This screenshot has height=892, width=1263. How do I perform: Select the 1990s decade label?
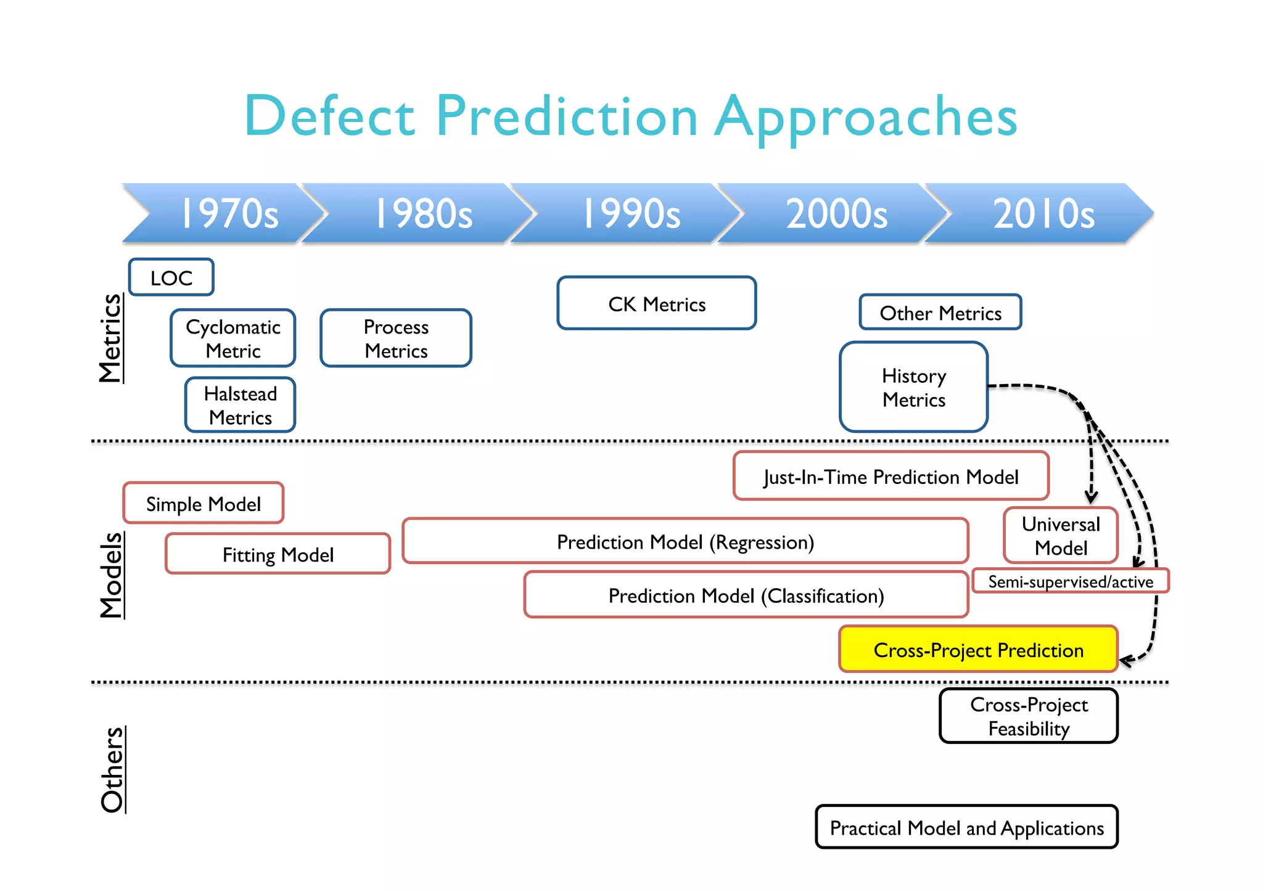tap(631, 213)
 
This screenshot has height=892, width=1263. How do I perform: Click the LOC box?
tap(171, 277)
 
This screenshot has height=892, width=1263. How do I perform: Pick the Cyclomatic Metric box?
tap(233, 338)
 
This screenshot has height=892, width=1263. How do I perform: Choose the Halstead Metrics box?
tap(241, 405)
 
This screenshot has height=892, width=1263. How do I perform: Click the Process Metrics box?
tap(396, 338)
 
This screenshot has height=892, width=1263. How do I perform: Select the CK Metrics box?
tap(657, 303)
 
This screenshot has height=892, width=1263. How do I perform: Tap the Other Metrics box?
tap(940, 313)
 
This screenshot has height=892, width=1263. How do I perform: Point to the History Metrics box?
tap(914, 387)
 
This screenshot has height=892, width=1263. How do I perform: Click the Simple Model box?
tap(204, 504)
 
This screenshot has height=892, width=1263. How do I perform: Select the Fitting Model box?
tap(278, 554)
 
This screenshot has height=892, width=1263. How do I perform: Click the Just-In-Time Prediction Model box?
tap(891, 477)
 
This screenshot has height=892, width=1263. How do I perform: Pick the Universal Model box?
tap(1061, 536)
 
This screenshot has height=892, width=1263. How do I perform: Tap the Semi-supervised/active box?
tap(1071, 581)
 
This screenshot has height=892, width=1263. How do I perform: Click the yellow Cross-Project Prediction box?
tap(979, 650)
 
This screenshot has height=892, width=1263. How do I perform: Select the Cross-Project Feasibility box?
tap(1029, 716)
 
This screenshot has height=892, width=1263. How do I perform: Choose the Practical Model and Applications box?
tap(967, 827)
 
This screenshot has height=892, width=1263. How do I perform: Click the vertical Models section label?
tap(112, 575)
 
